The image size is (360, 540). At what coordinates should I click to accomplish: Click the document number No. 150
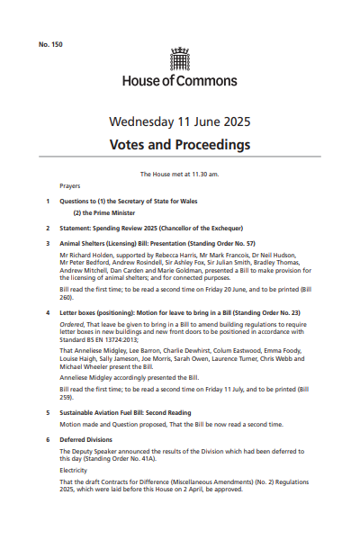tap(50, 43)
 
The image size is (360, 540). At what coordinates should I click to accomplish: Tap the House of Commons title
tap(180, 81)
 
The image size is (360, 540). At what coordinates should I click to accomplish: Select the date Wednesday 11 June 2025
tap(180, 121)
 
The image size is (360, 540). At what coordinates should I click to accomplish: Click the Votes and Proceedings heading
tap(180, 144)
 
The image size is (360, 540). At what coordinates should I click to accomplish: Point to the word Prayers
tap(70, 185)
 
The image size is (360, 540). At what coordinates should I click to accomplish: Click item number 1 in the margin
tap(48, 201)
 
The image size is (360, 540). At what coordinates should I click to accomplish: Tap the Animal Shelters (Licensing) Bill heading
tap(157, 243)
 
